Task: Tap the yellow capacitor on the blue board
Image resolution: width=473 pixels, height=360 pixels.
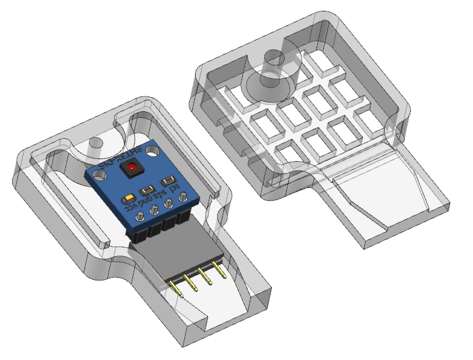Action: [128, 199]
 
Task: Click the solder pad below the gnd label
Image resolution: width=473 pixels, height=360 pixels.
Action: [154, 211]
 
